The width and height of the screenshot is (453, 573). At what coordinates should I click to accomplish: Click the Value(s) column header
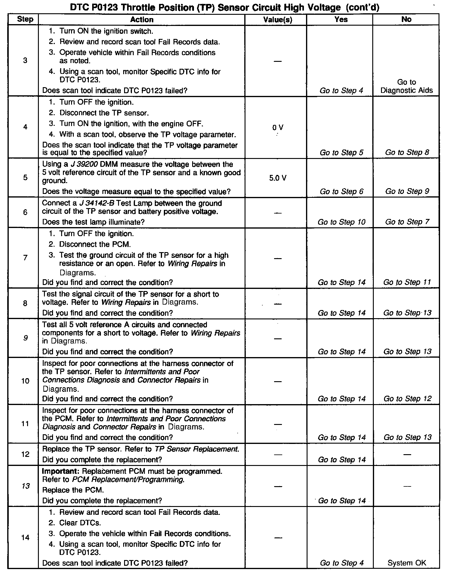tap(277, 20)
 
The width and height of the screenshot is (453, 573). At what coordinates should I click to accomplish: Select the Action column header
tap(142, 20)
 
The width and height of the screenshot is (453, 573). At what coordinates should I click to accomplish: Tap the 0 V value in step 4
tap(277, 128)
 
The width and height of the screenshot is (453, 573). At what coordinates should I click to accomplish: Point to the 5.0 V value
tap(277, 178)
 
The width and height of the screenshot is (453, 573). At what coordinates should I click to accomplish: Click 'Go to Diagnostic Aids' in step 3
tap(406, 86)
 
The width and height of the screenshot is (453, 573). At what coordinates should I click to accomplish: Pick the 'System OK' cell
tap(407, 563)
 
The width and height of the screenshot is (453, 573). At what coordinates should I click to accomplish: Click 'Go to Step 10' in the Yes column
tap(341, 222)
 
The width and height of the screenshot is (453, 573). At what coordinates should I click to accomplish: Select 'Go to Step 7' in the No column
tap(407, 222)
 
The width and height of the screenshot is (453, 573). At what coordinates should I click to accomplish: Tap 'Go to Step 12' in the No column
tap(407, 399)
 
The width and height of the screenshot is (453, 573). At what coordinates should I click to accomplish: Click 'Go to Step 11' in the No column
tap(407, 282)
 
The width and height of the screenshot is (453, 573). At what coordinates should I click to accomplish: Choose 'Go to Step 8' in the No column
tap(407, 152)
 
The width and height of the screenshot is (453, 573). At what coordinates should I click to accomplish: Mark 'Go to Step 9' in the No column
tap(407, 191)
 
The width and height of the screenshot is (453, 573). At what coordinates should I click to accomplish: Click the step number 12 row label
tap(25, 454)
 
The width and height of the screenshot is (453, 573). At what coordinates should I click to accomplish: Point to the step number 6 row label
tap(25, 212)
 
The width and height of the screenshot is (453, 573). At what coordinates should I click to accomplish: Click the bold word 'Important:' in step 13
tap(61, 471)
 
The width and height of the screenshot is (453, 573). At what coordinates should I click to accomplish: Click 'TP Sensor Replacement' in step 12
tap(196, 449)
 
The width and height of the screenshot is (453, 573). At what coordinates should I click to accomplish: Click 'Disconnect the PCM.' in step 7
tap(95, 244)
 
